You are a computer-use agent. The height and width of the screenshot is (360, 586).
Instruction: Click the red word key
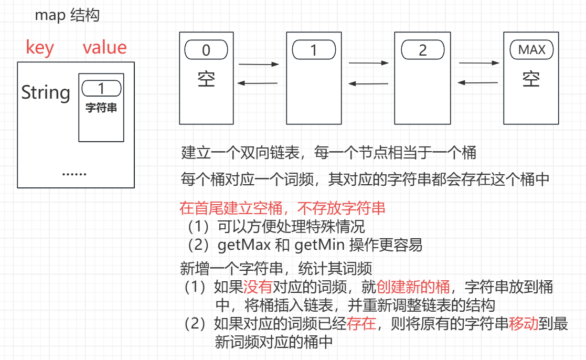40,48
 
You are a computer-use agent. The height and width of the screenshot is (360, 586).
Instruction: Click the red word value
105,48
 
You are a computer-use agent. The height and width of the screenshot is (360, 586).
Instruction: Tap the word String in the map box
46,93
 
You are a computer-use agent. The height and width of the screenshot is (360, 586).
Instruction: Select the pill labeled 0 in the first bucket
206,50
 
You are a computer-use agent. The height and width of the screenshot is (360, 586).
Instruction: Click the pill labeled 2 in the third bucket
422,50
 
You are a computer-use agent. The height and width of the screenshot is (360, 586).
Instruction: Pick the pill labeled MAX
531,50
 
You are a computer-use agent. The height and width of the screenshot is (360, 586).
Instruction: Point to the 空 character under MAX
531,79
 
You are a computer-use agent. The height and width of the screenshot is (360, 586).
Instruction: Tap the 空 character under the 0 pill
206,79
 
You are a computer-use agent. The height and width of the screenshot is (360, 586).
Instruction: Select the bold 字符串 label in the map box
101,108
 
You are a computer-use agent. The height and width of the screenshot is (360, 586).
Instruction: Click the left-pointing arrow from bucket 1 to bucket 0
258,83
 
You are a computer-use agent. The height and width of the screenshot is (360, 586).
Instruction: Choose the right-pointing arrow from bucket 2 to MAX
479,63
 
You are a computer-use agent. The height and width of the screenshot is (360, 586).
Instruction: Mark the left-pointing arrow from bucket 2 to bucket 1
369,83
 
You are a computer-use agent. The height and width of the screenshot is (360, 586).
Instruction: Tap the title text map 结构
67,16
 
